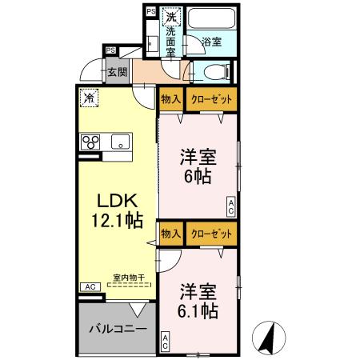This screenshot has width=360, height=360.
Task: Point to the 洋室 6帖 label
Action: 196,166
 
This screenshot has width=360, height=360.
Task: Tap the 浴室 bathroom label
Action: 211,41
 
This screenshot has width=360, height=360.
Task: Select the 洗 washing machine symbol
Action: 170,15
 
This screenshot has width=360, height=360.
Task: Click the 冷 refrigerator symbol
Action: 88,98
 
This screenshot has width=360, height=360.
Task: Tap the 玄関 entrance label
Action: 118,72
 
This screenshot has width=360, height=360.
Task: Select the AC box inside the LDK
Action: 89,286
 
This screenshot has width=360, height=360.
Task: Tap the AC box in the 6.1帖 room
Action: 165,341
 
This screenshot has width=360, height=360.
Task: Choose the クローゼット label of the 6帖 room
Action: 211,99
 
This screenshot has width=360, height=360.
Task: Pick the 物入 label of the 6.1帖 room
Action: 170,234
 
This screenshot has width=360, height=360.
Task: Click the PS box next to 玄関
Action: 110,50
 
